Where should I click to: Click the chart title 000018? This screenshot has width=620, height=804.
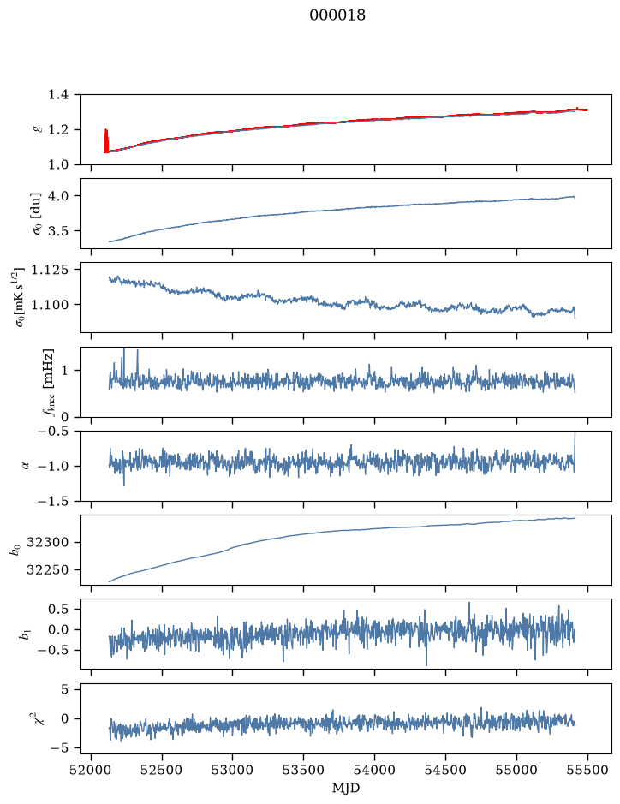[x=337, y=15]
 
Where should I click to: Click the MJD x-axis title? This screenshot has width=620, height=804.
[x=346, y=788]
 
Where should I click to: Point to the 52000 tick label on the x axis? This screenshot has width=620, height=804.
[x=92, y=770]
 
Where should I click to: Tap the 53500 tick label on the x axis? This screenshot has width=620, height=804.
[x=304, y=770]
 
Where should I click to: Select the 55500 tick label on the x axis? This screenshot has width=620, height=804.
[x=587, y=770]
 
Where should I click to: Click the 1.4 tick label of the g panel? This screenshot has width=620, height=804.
[x=58, y=95]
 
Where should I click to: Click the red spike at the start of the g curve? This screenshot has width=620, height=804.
[x=106, y=140]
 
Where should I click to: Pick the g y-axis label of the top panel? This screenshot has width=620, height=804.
[x=37, y=130]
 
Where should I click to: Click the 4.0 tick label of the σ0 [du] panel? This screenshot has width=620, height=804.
[x=58, y=196]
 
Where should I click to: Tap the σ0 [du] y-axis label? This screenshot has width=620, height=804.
[x=37, y=214]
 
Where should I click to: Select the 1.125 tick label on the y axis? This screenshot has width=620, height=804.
[x=50, y=270]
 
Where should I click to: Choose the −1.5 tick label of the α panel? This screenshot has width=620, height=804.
[x=53, y=501]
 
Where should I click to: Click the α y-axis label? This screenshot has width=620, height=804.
[x=27, y=466]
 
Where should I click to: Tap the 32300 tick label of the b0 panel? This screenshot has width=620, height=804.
[x=47, y=543]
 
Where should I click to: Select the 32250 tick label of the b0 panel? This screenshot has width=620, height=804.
[x=47, y=570]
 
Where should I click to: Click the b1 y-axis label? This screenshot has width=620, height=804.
[x=24, y=634]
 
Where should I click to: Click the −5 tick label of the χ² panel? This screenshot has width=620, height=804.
[x=59, y=748]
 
